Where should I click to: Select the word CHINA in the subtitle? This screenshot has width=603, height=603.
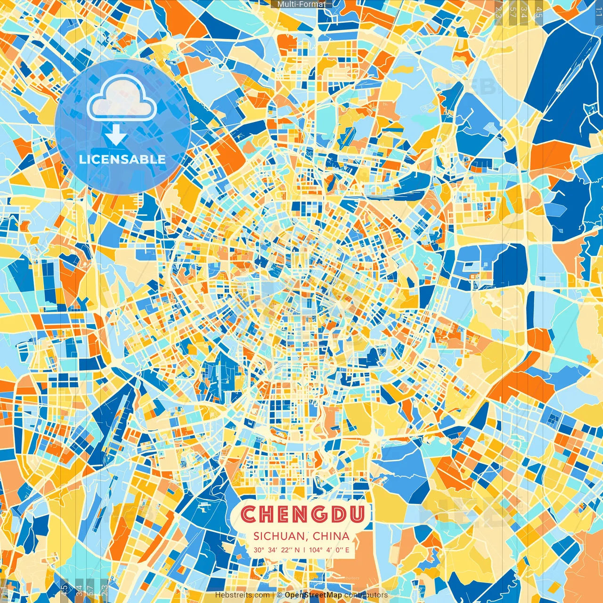coord(331,536)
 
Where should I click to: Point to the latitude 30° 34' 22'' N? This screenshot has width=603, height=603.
coord(276,550)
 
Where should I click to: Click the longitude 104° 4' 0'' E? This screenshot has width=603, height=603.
coord(329,550)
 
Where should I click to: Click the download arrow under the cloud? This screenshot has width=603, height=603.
coord(115,136)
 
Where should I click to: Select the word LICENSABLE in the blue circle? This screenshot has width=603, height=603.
coord(122,159)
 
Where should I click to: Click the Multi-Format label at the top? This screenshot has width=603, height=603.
coord(301,4)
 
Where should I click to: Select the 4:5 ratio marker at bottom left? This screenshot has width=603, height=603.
coord(65,589)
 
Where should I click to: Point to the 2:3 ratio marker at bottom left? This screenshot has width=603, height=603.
coord(105,589)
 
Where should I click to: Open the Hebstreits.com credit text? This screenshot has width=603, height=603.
coord(242,595)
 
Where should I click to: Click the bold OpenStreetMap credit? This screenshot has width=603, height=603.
coord(313,595)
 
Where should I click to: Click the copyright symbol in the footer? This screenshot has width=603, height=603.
coord(279,595)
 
